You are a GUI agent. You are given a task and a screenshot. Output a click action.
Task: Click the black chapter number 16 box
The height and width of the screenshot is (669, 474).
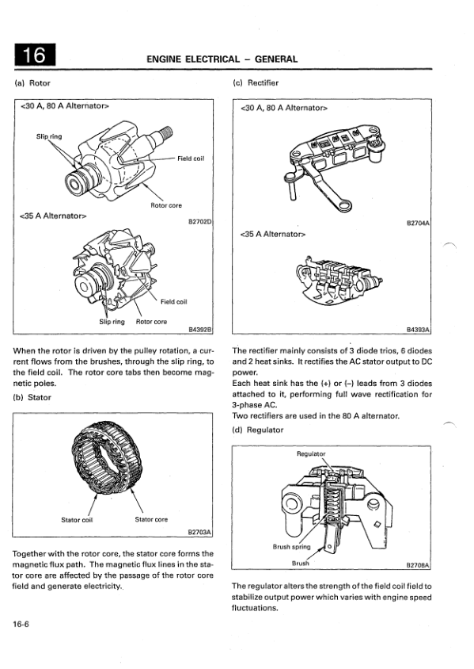[x=35, y=55]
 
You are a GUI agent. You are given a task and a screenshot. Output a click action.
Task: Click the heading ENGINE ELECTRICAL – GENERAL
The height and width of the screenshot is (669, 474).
[x=222, y=59]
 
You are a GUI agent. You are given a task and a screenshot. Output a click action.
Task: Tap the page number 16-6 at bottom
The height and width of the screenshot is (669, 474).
[x=21, y=624]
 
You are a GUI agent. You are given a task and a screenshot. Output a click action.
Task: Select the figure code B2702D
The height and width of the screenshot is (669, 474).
[x=200, y=222]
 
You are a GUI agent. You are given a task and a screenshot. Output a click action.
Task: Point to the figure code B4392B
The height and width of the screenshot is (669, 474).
[x=200, y=330]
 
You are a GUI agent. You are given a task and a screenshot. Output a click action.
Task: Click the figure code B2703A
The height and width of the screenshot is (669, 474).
[x=199, y=533]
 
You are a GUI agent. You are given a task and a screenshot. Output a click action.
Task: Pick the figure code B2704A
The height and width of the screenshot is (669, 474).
[x=418, y=223]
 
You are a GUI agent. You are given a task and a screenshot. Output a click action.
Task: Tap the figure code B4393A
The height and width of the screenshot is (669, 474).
[x=418, y=330]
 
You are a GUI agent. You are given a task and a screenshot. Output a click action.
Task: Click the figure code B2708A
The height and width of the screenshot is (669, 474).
[x=418, y=565]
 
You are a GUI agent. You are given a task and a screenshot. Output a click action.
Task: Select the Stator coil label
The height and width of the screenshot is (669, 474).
[x=77, y=520]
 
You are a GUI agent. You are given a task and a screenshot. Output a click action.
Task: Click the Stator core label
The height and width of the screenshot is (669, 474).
[x=151, y=520]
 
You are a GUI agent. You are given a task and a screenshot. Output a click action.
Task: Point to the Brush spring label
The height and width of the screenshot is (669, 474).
[x=292, y=547]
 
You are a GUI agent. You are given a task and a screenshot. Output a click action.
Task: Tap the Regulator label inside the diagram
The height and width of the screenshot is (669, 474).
[x=311, y=454]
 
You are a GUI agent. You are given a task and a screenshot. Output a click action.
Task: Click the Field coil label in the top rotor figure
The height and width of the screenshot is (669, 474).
[x=191, y=159]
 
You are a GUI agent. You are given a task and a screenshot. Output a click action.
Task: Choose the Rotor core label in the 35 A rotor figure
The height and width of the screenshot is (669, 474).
[x=151, y=322]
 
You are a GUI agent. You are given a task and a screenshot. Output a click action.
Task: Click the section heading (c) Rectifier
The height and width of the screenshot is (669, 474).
[x=256, y=82]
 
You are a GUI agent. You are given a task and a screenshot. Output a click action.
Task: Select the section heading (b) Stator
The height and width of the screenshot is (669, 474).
[x=32, y=398]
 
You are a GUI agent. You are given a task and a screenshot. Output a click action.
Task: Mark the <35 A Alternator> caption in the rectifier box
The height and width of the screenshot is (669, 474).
[x=273, y=235]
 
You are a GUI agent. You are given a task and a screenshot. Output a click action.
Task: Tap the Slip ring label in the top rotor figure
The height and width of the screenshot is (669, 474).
[x=49, y=136]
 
